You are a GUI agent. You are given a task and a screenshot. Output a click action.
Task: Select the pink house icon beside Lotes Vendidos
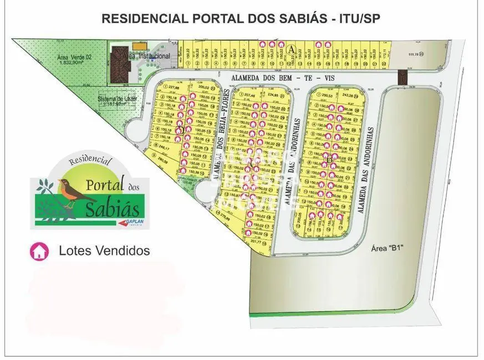[39, 251]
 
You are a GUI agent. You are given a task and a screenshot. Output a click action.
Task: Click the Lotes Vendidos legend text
[104, 251]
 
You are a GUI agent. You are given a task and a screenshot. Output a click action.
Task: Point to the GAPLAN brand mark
[131, 222]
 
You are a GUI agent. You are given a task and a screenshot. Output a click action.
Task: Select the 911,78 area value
[415, 54]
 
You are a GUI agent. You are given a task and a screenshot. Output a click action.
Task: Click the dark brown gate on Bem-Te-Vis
[403, 77]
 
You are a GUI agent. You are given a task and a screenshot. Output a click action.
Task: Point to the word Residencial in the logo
[90, 162]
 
